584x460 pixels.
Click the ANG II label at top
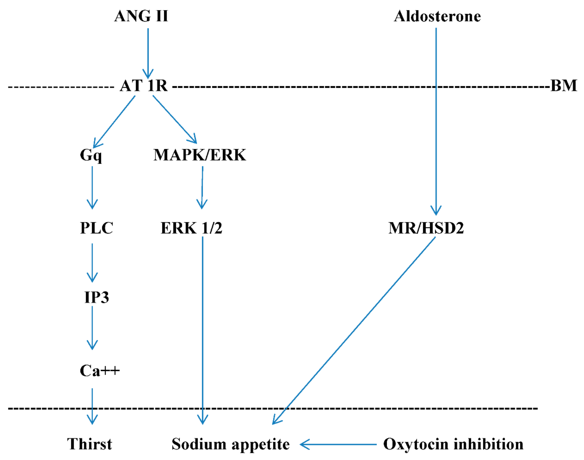click(x=141, y=16)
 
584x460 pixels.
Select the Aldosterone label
click(x=437, y=16)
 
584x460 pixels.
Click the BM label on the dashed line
click(x=563, y=86)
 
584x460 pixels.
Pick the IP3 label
click(x=96, y=297)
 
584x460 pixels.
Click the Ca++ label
click(x=99, y=371)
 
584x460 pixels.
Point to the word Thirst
click(x=89, y=444)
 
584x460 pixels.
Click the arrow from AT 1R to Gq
click(x=114, y=121)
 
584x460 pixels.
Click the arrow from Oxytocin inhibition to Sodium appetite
click(x=338, y=444)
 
